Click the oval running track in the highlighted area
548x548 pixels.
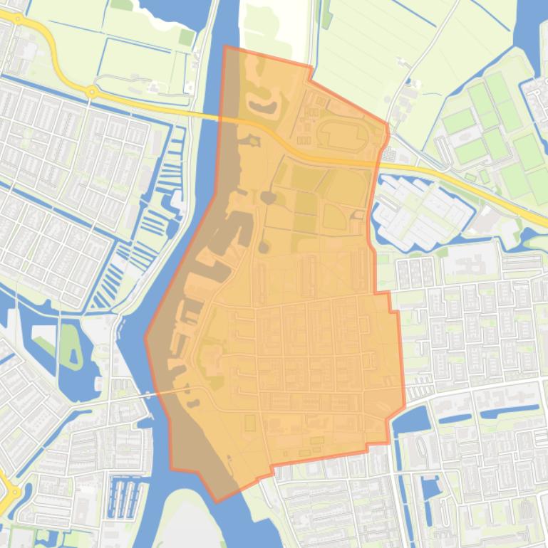343,135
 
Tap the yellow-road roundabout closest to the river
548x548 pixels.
91,92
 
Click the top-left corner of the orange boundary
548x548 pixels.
225,47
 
